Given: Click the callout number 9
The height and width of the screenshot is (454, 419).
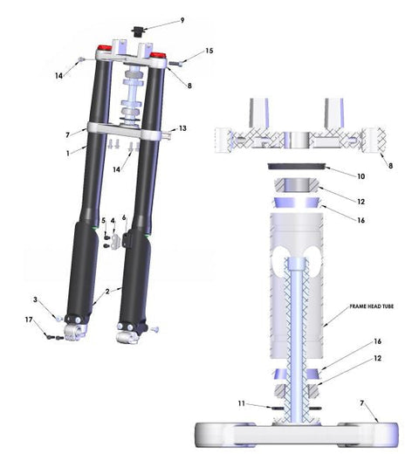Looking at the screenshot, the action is point(182,20).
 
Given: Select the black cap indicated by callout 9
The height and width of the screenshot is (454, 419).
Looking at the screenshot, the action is point(137,31).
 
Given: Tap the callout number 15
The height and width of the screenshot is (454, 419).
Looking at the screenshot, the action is point(209,51).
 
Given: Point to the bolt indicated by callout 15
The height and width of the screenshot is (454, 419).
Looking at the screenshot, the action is point(175,63).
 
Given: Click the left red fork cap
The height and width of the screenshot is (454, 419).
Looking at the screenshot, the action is point(104,48).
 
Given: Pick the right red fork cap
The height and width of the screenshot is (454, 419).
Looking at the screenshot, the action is point(158,55).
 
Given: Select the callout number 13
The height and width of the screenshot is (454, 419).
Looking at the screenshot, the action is point(182,128).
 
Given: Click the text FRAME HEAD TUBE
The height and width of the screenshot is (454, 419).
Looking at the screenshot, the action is point(371,306).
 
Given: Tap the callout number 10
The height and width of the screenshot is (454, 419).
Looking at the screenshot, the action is point(361,176).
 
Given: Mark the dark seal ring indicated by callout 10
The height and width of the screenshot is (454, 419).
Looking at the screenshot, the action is point(296,167).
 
